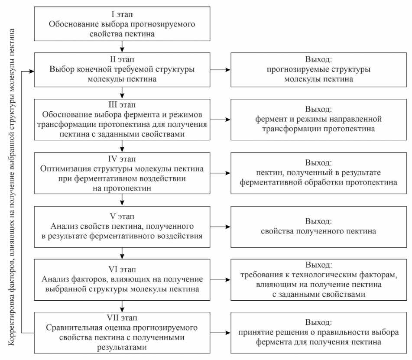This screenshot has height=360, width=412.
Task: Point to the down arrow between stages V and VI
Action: [x=123, y=252]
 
